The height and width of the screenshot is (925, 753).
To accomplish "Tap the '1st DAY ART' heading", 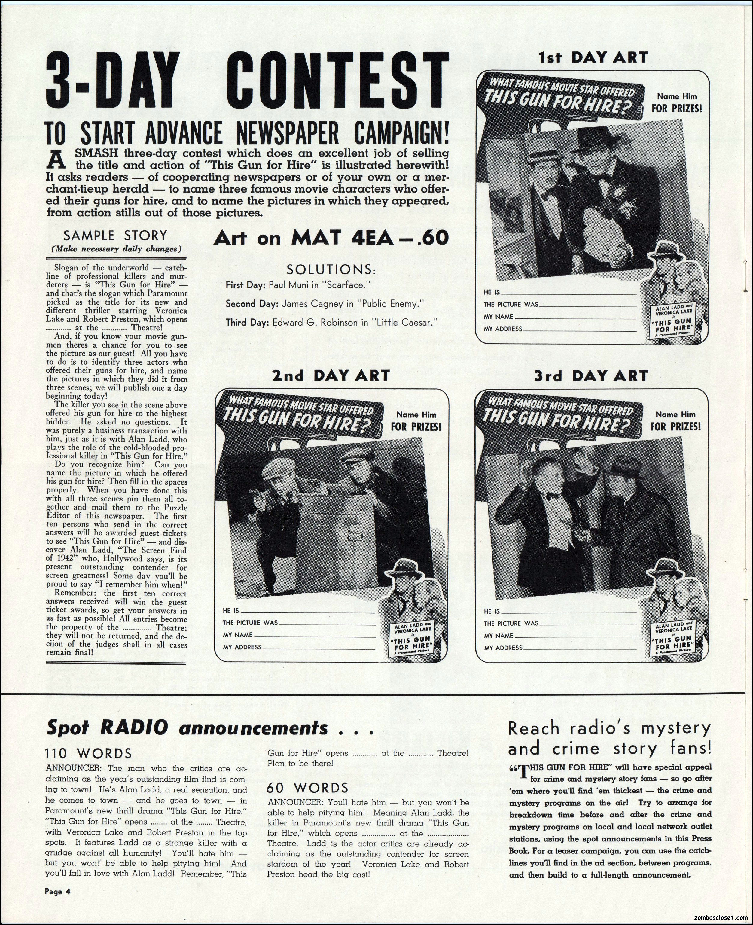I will pyautogui.click(x=593, y=57).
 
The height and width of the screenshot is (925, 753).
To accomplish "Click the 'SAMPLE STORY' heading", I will pyautogui.click(x=115, y=236).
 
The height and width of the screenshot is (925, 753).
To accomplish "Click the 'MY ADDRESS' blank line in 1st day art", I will pyautogui.click(x=579, y=329).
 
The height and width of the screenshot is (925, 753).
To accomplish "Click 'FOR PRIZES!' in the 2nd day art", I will pyautogui.click(x=416, y=427).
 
